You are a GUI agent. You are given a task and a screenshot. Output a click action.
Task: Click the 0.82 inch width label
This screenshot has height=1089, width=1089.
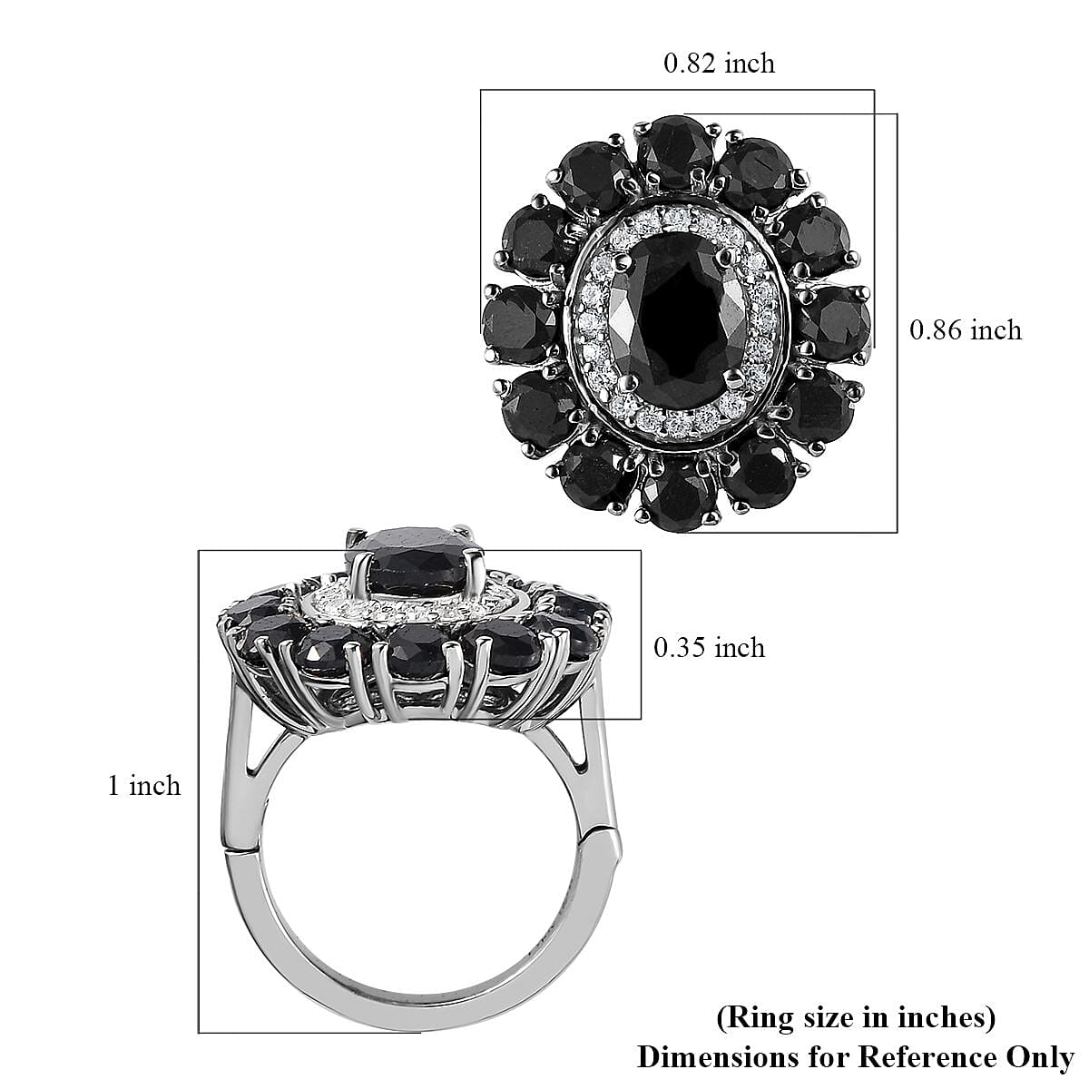tap(719, 64)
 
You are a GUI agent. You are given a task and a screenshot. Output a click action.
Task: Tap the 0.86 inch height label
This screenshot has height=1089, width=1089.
tap(966, 329)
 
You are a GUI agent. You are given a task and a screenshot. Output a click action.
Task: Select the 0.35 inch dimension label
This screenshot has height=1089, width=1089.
tap(709, 647)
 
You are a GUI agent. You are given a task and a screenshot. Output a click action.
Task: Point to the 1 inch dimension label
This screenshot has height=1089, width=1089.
tap(143, 785)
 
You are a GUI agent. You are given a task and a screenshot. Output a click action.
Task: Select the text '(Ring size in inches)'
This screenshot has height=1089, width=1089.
tap(856, 1018)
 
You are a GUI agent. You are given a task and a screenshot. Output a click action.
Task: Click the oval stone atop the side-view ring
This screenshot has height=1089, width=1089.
tap(417, 567)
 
